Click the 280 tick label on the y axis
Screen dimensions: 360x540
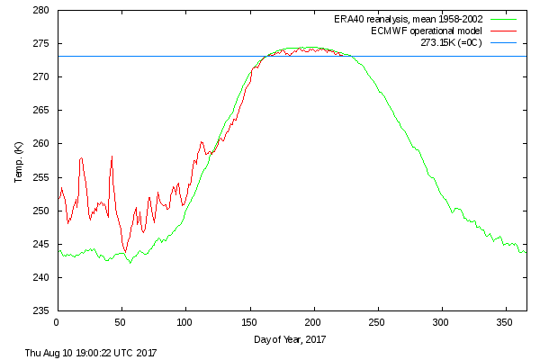coord(40,11)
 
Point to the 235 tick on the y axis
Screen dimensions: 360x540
coord(40,311)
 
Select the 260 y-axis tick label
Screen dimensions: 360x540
coord(40,144)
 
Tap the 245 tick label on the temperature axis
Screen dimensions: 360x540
coord(40,245)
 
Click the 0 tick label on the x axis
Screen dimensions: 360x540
coord(57,322)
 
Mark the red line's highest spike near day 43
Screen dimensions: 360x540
coord(112,157)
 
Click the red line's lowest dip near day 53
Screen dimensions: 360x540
coord(125,251)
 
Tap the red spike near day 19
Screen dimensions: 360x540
coord(81,158)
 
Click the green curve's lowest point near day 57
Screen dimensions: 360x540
coord(130,263)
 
